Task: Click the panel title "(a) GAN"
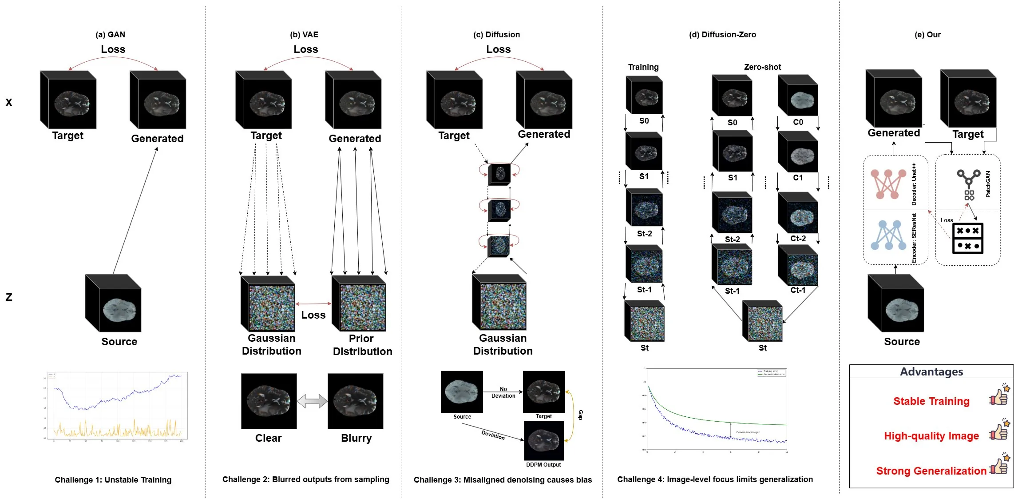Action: (x=111, y=35)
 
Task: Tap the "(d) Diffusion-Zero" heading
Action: (x=722, y=35)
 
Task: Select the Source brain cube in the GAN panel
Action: (x=114, y=303)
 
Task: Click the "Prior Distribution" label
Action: (x=362, y=345)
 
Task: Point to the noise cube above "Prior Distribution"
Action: (x=359, y=304)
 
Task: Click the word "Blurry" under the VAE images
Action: (x=356, y=438)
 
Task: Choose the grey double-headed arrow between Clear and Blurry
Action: (x=312, y=401)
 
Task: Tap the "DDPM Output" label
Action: (x=543, y=465)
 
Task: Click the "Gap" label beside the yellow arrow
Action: (x=580, y=415)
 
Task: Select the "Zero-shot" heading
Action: (x=762, y=67)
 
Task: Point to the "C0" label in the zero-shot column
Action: (x=798, y=122)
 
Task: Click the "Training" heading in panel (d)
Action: (x=643, y=67)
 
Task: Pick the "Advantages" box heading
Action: (x=931, y=372)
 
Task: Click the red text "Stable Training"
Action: (x=931, y=401)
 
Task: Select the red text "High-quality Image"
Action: (x=931, y=436)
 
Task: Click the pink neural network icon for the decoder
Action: (x=887, y=184)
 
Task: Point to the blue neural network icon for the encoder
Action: (x=888, y=236)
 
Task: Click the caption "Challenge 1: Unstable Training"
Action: (x=113, y=480)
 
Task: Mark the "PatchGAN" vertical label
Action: (x=988, y=184)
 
